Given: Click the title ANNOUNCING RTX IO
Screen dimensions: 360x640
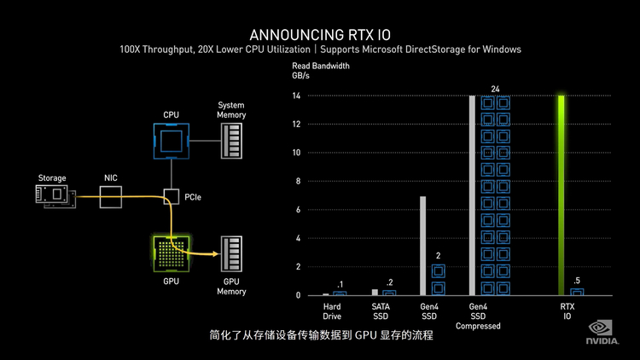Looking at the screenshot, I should [320, 34].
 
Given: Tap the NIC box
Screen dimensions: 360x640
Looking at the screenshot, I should [111, 196].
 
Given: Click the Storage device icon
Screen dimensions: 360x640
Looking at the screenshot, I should [52, 196].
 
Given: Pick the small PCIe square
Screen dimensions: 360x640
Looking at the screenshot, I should [171, 197].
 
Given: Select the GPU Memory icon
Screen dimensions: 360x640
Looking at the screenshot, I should [230, 254].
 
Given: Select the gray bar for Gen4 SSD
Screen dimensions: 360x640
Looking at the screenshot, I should [422, 246].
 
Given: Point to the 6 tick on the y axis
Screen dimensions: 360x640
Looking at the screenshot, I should [297, 210].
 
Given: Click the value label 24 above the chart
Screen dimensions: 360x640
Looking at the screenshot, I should [495, 89].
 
